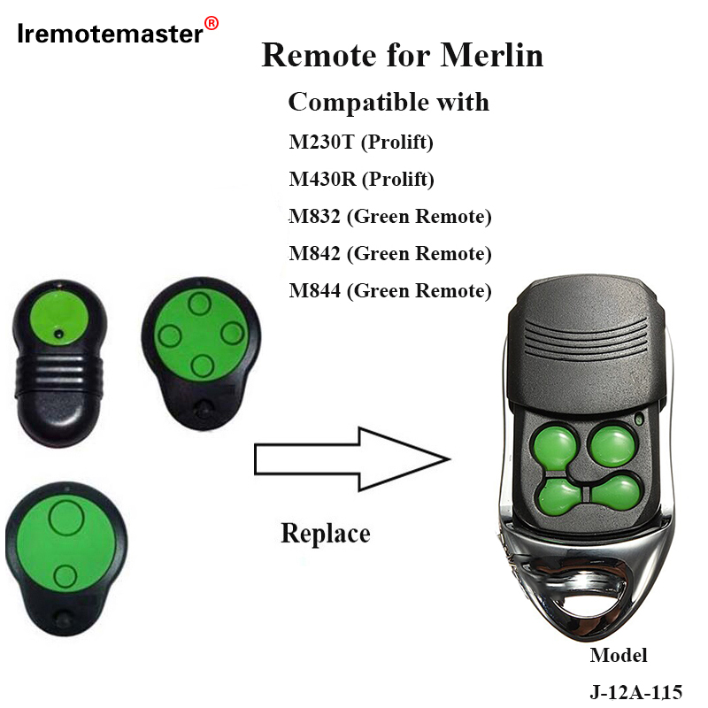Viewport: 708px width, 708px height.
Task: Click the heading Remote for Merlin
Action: pyautogui.click(x=403, y=56)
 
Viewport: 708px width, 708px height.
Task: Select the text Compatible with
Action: pyautogui.click(x=389, y=102)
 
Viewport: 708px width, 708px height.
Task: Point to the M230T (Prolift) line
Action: pyautogui.click(x=361, y=141)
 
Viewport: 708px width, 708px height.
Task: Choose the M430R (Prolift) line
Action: pyautogui.click(x=362, y=180)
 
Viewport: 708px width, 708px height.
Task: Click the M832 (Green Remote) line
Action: pyautogui.click(x=389, y=216)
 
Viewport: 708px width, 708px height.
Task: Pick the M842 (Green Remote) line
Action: pyautogui.click(x=389, y=253)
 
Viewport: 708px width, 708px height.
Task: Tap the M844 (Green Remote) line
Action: pyautogui.click(x=389, y=290)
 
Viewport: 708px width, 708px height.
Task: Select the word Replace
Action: pyautogui.click(x=325, y=533)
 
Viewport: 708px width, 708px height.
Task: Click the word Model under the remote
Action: pyautogui.click(x=619, y=656)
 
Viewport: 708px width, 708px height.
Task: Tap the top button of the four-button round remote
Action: pyautogui.click(x=200, y=305)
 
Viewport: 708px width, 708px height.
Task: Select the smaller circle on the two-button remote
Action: pyautogui.click(x=64, y=577)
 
